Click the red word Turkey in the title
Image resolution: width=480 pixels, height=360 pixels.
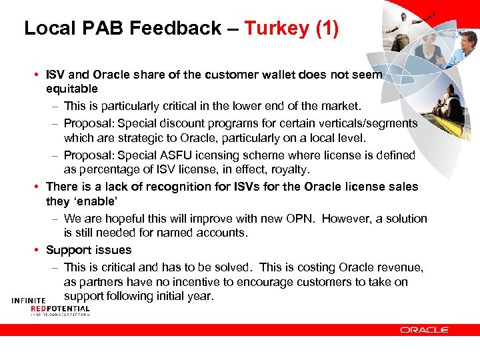(274, 28)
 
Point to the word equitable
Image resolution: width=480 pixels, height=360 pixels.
(72, 89)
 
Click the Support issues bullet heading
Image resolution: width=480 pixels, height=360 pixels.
(89, 250)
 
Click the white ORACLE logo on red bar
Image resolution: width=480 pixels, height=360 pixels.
(425, 329)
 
